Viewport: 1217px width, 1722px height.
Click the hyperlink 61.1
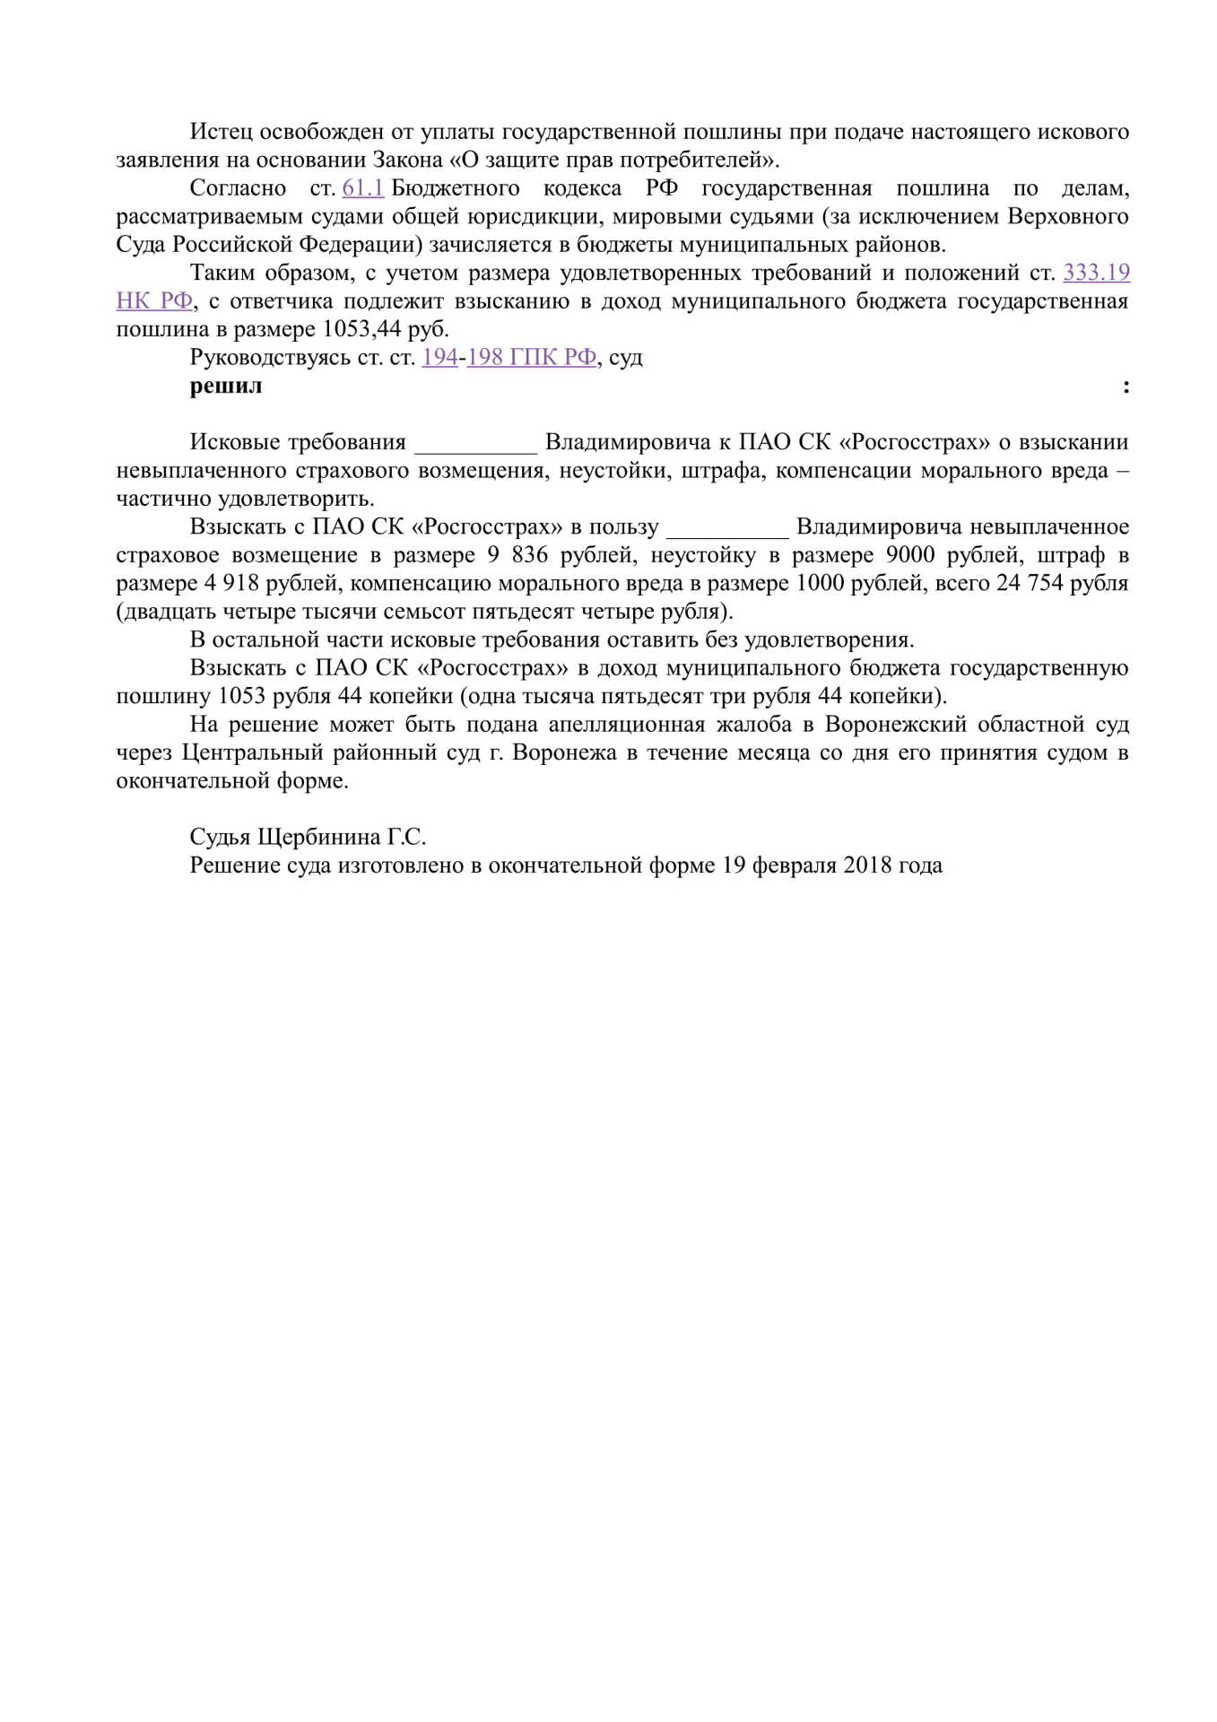(362, 188)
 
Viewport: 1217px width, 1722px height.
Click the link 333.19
(1096, 273)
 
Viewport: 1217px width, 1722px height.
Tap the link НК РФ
(154, 301)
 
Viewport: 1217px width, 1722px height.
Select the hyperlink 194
(439, 358)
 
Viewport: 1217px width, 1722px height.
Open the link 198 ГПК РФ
(531, 358)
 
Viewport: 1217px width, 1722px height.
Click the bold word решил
(226, 387)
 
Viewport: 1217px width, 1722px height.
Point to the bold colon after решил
(1126, 387)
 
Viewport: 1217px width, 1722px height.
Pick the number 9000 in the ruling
(909, 555)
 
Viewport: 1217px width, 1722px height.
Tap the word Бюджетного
(456, 188)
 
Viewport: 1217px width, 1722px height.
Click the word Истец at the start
(221, 132)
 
